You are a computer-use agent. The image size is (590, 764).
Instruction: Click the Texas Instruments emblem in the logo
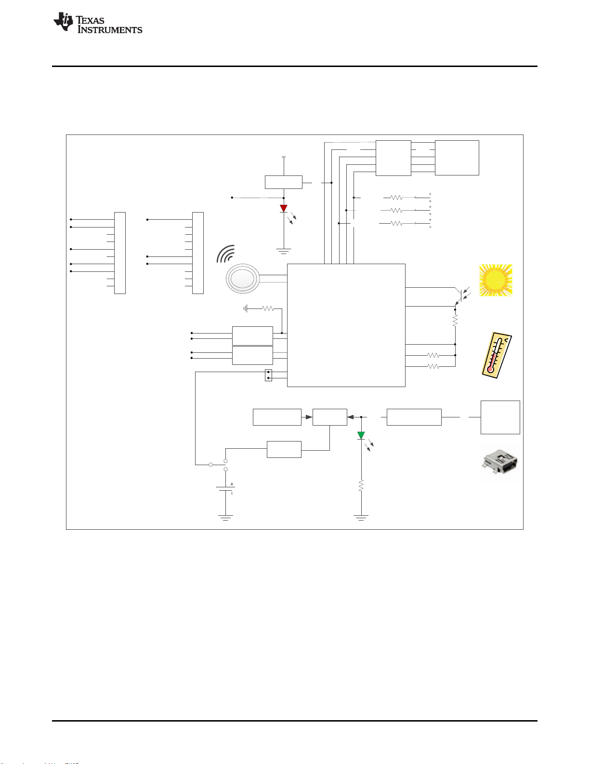click(x=63, y=22)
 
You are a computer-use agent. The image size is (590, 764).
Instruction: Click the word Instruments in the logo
click(x=110, y=30)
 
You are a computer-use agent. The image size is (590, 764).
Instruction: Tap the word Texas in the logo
click(x=90, y=20)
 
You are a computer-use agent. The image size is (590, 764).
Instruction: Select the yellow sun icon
click(x=496, y=280)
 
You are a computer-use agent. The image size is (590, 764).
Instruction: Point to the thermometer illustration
click(x=497, y=355)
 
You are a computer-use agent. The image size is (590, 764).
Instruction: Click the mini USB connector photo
click(x=499, y=462)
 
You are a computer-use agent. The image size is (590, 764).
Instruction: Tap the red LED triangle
click(x=283, y=209)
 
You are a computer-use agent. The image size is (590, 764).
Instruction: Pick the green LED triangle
click(x=361, y=436)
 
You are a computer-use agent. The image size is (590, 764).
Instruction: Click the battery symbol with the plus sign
click(x=225, y=489)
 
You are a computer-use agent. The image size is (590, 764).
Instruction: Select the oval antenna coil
click(x=243, y=279)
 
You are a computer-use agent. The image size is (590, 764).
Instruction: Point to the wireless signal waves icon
click(x=226, y=254)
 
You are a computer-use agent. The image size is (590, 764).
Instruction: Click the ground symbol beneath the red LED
click(x=283, y=251)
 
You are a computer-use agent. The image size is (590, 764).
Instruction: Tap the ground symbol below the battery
click(x=225, y=518)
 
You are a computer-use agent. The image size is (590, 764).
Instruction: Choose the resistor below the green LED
click(x=361, y=485)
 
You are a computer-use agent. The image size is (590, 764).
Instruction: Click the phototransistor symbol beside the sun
click(x=461, y=295)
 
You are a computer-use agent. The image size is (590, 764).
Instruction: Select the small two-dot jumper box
click(x=268, y=375)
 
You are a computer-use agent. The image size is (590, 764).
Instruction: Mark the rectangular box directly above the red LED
click(x=283, y=182)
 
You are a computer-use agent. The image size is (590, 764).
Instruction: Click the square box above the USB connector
click(x=500, y=417)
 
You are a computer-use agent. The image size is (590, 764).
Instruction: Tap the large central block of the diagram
click(x=346, y=325)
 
